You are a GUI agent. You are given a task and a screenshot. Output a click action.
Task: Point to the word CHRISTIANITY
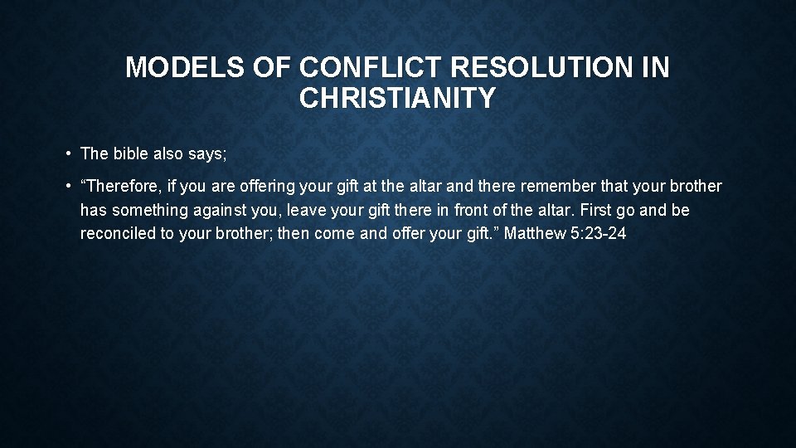[397, 98]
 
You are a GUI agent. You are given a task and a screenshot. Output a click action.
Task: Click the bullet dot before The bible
[66, 153]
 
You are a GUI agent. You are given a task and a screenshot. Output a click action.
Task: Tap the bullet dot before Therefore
[66, 187]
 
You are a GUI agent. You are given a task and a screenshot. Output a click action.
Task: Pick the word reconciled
[117, 233]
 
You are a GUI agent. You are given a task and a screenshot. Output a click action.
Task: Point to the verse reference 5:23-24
[598, 233]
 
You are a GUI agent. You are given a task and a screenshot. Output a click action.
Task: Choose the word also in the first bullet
[167, 153]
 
